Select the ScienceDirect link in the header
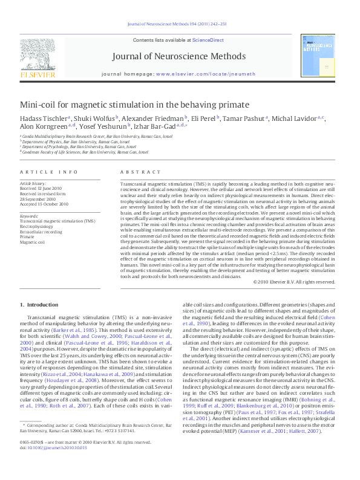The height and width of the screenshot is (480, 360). (208, 40)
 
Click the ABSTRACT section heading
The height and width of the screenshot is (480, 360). (135, 172)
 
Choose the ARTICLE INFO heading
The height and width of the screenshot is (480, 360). (48, 172)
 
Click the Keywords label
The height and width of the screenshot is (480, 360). (29, 216)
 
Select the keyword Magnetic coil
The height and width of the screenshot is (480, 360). (33, 242)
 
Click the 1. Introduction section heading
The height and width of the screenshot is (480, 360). (39, 304)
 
